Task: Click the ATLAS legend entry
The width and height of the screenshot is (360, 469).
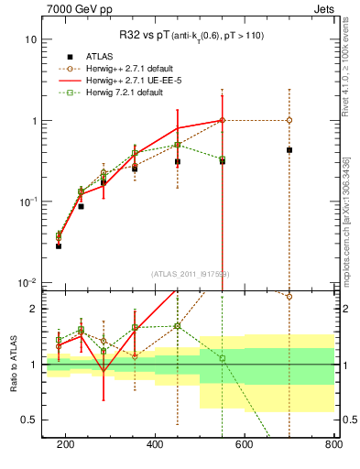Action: click(x=100, y=55)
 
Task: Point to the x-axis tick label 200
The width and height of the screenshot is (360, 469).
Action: click(x=66, y=445)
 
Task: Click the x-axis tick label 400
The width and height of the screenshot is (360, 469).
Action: click(x=155, y=445)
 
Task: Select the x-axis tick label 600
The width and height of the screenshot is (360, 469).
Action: click(x=245, y=445)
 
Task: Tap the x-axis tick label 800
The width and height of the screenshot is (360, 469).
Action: click(x=332, y=445)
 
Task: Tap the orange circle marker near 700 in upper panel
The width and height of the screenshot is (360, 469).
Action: click(x=289, y=120)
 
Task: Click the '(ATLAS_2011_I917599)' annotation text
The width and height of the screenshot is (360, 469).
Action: click(x=191, y=274)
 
